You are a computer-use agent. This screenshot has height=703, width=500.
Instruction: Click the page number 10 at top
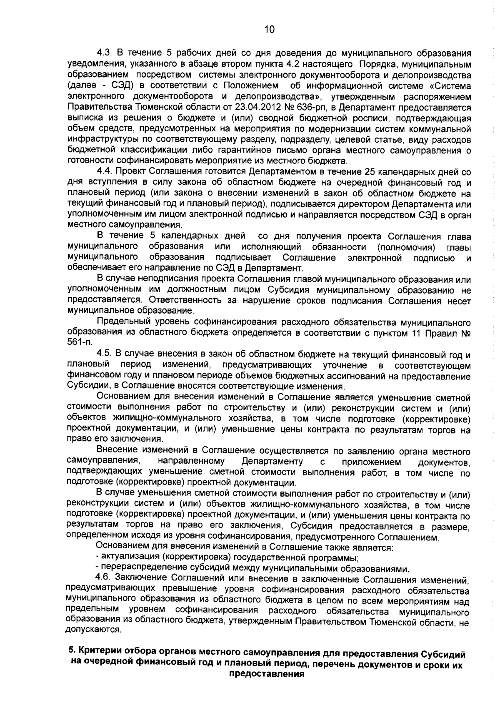(x=270, y=30)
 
